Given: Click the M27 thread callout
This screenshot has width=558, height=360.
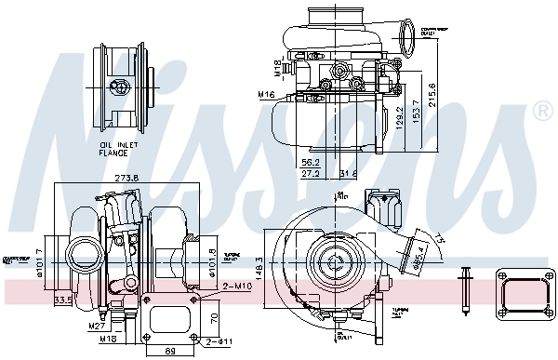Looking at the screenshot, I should [96, 326].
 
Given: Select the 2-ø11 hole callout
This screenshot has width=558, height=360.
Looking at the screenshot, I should [219, 343].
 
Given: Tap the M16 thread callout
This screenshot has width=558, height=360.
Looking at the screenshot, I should [267, 94].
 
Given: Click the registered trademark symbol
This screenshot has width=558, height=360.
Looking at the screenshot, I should [541, 113].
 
